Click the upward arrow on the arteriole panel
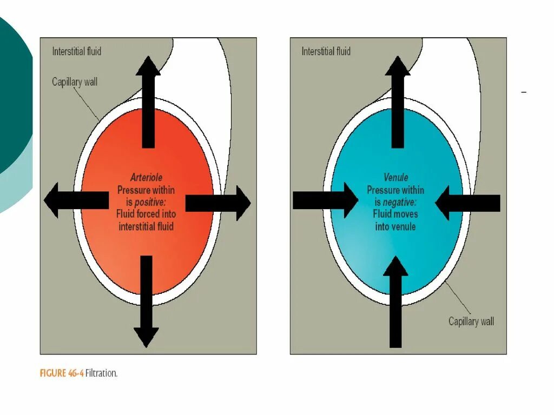click(148, 103)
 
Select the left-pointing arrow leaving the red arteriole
click(76, 200)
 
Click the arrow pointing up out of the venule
click(398, 103)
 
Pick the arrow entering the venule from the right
click(467, 203)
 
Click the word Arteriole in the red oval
click(146, 178)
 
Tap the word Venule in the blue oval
click(395, 178)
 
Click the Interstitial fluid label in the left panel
click(77, 51)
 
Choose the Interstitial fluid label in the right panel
click(326, 51)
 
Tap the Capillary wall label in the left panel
click(75, 82)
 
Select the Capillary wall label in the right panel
click(471, 322)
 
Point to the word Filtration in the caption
click(101, 373)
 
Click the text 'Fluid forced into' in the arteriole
click(146, 214)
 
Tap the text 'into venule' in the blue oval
click(395, 226)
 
